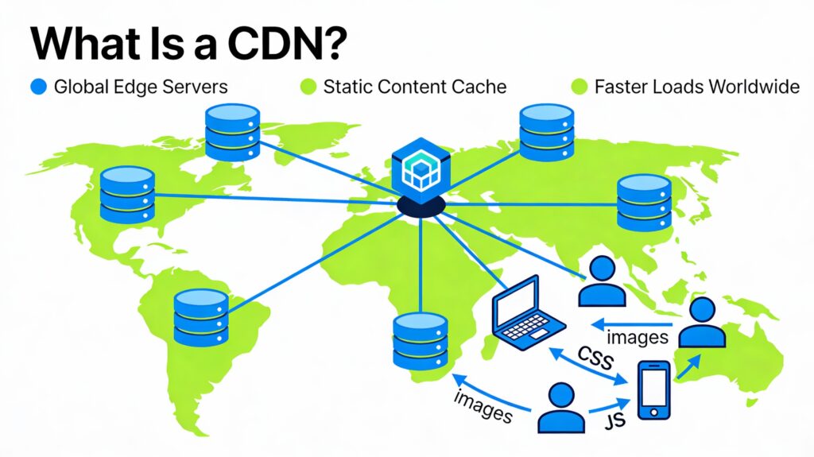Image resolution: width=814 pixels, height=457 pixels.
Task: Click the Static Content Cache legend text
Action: click(x=414, y=87)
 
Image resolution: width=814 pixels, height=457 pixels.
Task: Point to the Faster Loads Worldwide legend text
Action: click(x=696, y=87)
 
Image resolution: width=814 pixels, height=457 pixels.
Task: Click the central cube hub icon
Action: click(x=420, y=166)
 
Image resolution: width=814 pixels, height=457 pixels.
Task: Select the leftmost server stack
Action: click(x=126, y=194)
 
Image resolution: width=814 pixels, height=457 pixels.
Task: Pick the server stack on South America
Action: click(x=201, y=316)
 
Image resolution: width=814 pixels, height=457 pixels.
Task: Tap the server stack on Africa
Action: click(x=420, y=340)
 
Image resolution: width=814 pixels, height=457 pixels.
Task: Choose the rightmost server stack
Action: click(x=644, y=202)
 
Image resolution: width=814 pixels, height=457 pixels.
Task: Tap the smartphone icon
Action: click(x=653, y=389)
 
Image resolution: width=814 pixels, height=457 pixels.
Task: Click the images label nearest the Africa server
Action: click(x=482, y=404)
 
